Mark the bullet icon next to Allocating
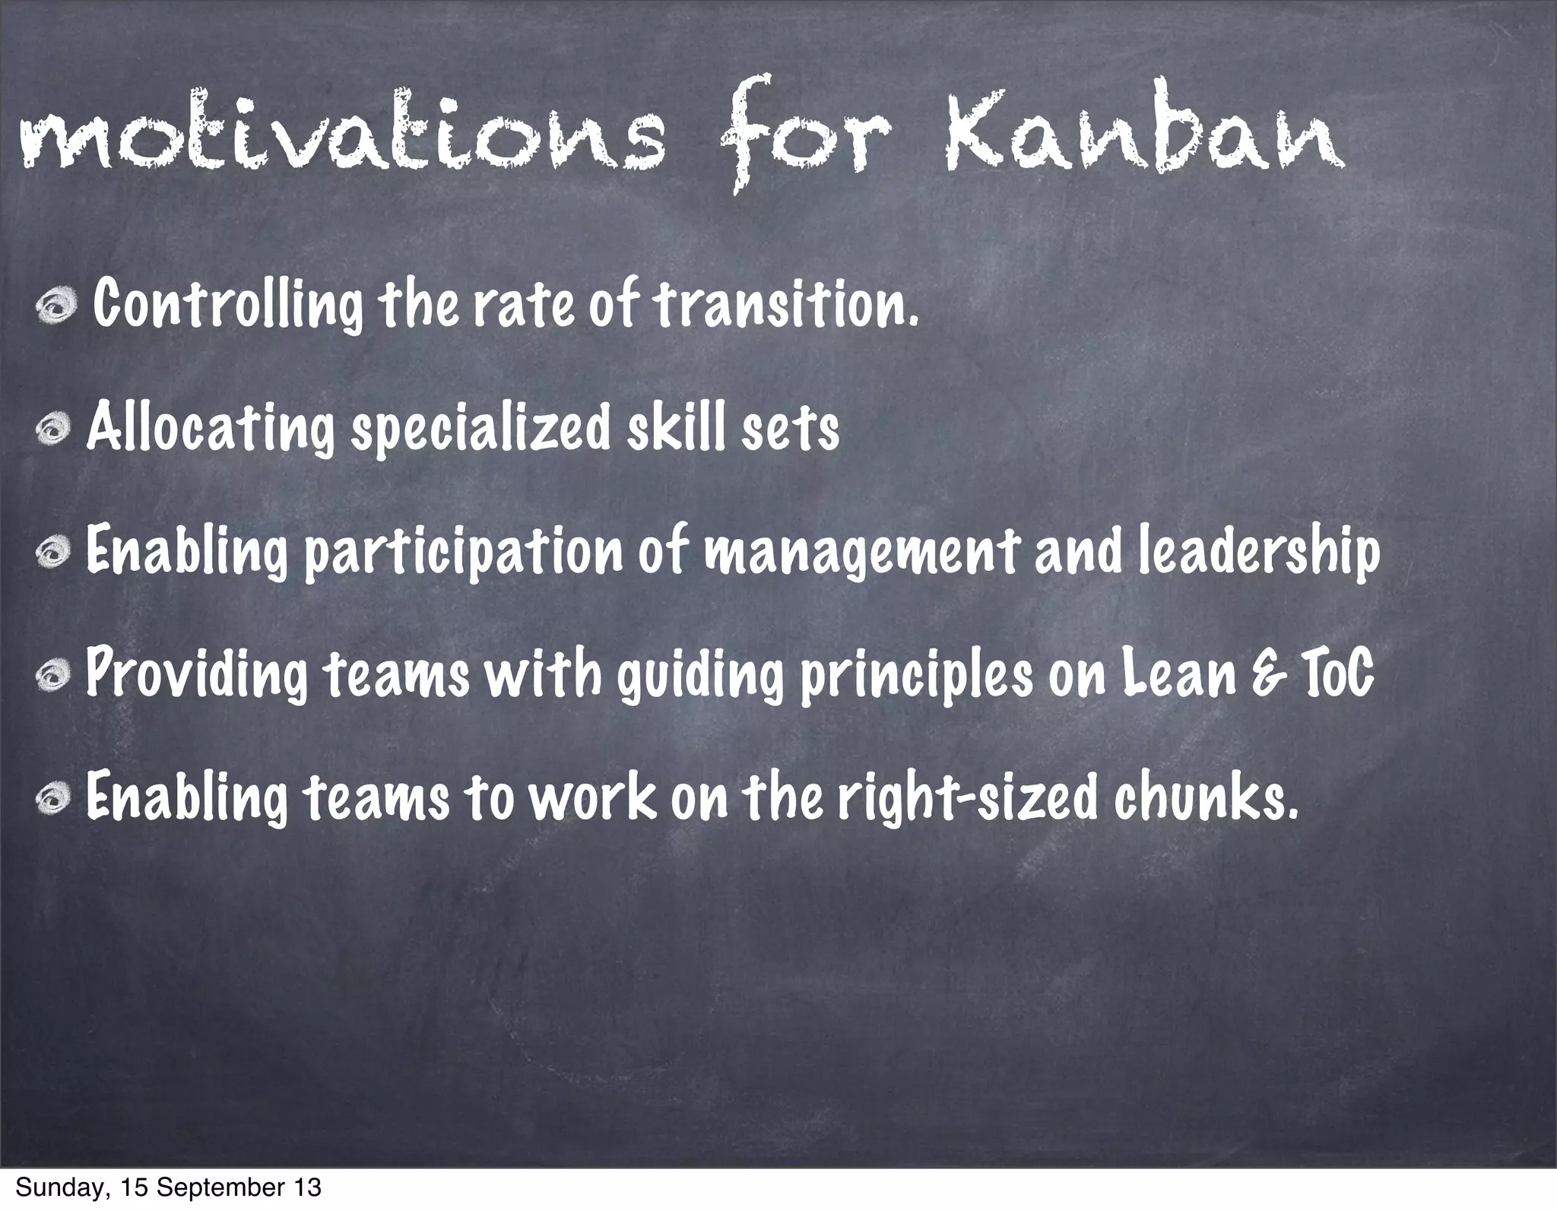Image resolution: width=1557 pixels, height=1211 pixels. coord(58,430)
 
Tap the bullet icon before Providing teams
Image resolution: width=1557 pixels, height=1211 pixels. coord(58,677)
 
